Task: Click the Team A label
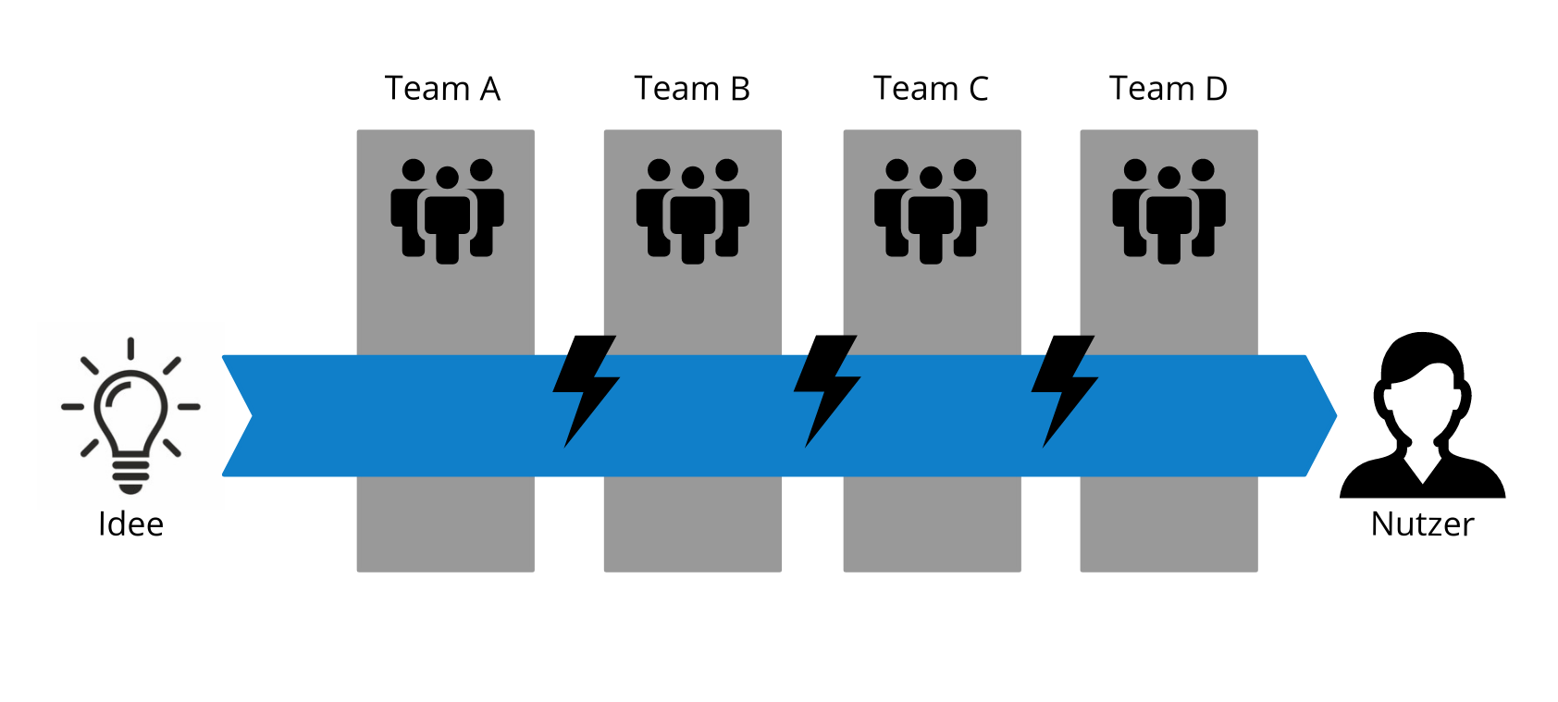pyautogui.click(x=442, y=89)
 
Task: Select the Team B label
pyautogui.click(x=691, y=89)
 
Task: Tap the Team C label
pyautogui.click(x=931, y=89)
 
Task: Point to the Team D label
pyautogui.click(x=1168, y=89)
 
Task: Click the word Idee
pyautogui.click(x=130, y=524)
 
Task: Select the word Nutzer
pyautogui.click(x=1422, y=524)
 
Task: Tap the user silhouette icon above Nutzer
pyautogui.click(x=1422, y=416)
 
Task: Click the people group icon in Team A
pyautogui.click(x=447, y=211)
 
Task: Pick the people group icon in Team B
pyautogui.click(x=692, y=211)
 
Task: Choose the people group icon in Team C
pyautogui.click(x=931, y=211)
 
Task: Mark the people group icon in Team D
pyautogui.click(x=1168, y=211)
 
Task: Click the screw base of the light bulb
pyautogui.click(x=130, y=475)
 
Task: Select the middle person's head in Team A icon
pyautogui.click(x=447, y=178)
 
